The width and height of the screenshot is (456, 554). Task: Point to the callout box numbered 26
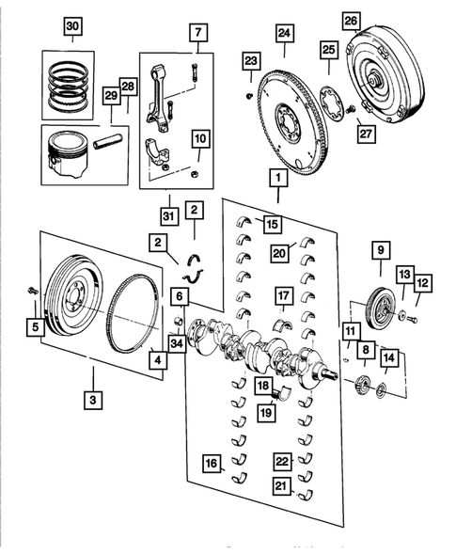pos(351,21)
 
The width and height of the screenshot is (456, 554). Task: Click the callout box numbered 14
pos(388,357)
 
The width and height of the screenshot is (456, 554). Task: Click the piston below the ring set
pos(70,154)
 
